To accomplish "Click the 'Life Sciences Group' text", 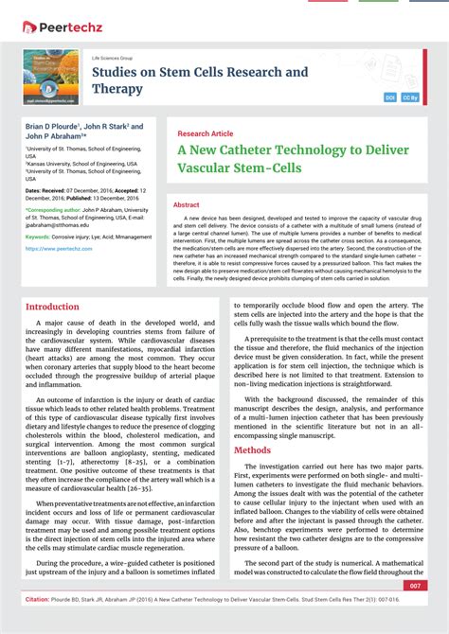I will point(113,58).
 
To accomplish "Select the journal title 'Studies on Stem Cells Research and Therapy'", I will point(199,79).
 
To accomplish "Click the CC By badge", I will point(410,97).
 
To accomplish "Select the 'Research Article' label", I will point(205,134).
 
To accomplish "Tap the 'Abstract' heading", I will point(187,205).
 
